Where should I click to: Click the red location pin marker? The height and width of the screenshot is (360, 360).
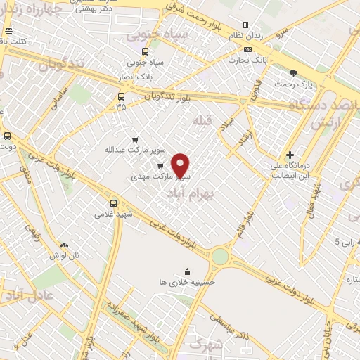tap(181, 165)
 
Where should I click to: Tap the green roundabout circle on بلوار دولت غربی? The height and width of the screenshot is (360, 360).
tap(220, 257)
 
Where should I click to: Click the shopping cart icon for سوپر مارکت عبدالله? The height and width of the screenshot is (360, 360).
tap(135, 139)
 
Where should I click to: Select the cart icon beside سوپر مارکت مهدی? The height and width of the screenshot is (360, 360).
tap(160, 166)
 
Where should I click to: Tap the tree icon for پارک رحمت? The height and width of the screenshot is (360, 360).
tap(293, 72)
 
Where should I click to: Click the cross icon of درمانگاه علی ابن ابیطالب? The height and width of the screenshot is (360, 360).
tap(290, 155)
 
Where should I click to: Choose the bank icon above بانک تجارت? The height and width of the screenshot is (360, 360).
tap(247, 49)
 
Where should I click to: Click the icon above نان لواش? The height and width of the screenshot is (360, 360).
tap(65, 245)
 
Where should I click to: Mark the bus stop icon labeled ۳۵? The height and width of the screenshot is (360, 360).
tap(121, 96)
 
